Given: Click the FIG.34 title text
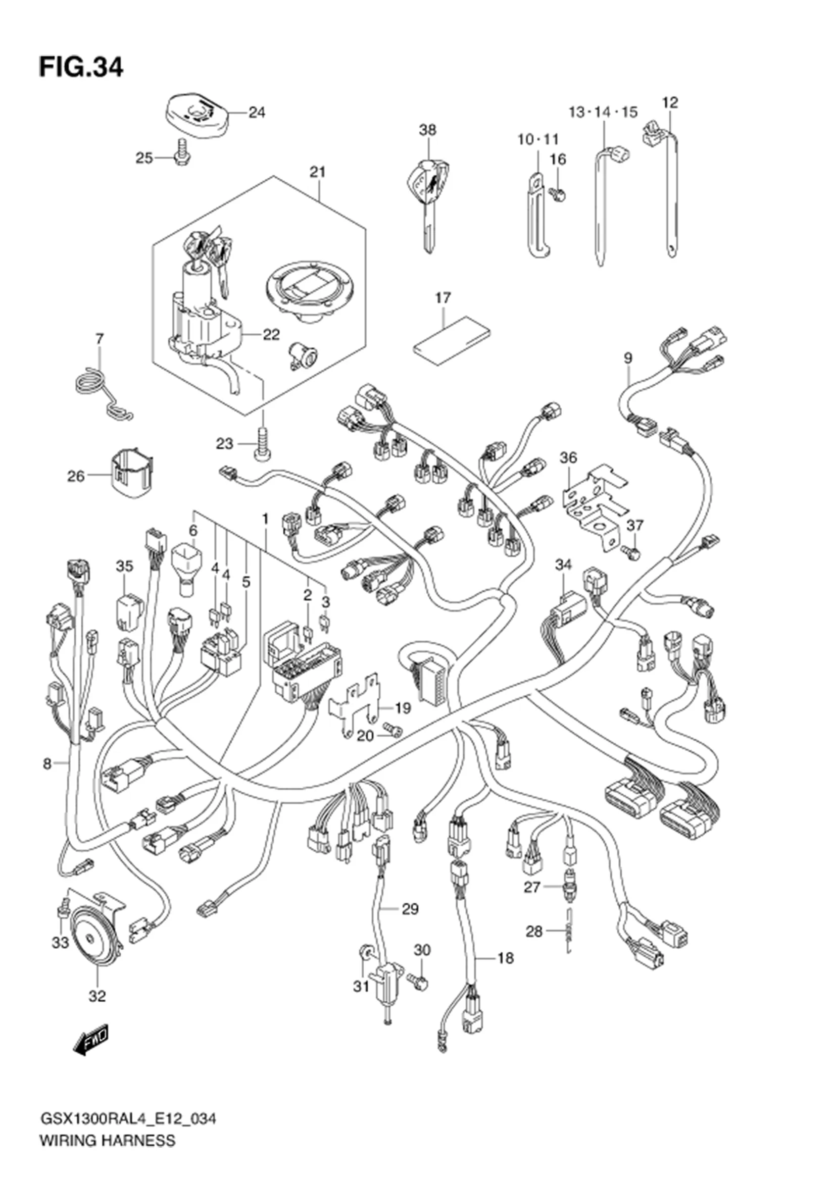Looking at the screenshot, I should point(81,67).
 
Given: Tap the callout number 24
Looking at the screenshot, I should point(257,112).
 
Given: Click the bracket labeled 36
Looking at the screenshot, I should point(594,504).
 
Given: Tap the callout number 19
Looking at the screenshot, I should point(403,708).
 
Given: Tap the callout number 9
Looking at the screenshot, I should point(628,358).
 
